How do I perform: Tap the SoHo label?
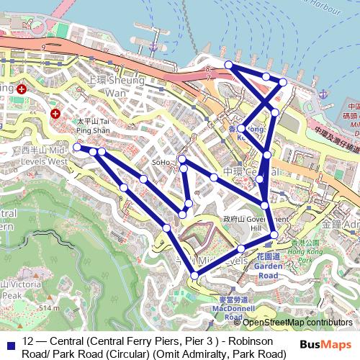click(161, 163)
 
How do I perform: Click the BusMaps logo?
click(327, 343)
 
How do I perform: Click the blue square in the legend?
click(10, 341)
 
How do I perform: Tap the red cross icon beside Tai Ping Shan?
click(56, 114)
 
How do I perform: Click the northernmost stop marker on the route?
click(229, 66)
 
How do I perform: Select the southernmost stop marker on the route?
click(194, 276)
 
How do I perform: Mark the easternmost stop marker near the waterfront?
click(283, 83)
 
